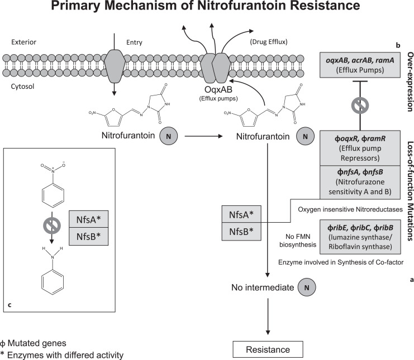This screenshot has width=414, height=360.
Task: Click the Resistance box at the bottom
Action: pyautogui.click(x=268, y=349)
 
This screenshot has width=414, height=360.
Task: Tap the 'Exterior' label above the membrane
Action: pyautogui.click(x=24, y=42)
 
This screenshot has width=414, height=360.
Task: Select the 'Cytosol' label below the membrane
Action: pyautogui.click(x=22, y=87)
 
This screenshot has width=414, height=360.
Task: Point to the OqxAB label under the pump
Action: pyautogui.click(x=218, y=90)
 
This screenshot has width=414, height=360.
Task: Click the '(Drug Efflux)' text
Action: pyautogui.click(x=269, y=42)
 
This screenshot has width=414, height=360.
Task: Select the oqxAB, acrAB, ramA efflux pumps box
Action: pyautogui.click(x=360, y=65)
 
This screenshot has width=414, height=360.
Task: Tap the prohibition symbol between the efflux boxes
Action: pyautogui.click(x=360, y=105)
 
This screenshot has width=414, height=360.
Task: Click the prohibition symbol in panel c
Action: pyautogui.click(x=52, y=225)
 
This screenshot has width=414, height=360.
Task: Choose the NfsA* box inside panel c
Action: pyautogui.click(x=88, y=219)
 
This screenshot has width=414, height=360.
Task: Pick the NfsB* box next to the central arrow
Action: pyautogui.click(x=241, y=232)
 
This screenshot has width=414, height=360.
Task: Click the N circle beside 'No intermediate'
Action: pyautogui.click(x=307, y=287)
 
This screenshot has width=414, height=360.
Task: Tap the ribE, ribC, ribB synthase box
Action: pyautogui.click(x=360, y=237)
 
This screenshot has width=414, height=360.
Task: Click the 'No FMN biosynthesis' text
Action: pyautogui.click(x=298, y=241)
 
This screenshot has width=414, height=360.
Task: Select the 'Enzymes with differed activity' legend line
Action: pyautogui.click(x=62, y=355)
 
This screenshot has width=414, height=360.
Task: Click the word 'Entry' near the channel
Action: pyautogui.click(x=134, y=42)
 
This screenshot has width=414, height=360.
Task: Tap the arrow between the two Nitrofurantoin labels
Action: pyautogui.click(x=203, y=136)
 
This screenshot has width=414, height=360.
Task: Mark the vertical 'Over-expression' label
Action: pyautogui.click(x=410, y=81)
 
